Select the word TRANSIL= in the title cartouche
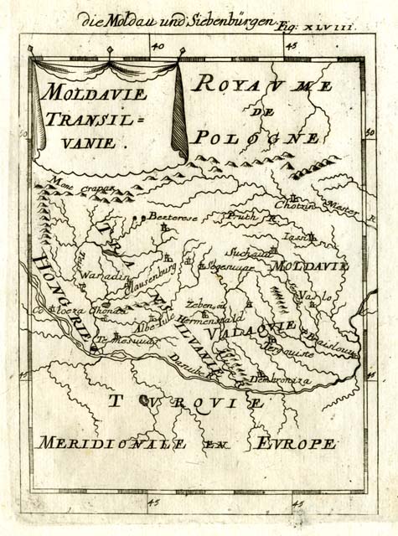(89, 118)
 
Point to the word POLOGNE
(255, 137)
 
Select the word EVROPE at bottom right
(297, 442)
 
